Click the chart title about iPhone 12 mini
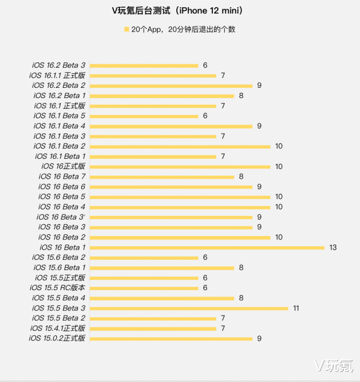pyautogui.click(x=177, y=11)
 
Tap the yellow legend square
pyautogui.click(x=126, y=29)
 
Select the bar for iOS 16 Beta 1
pyautogui.click(x=207, y=248)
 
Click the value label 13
pyautogui.click(x=333, y=247)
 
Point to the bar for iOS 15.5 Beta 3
pyautogui.click(x=189, y=309)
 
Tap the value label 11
pyautogui.click(x=296, y=308)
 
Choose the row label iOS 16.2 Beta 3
pyautogui.click(x=59, y=65)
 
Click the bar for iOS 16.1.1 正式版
pyautogui.click(x=153, y=75)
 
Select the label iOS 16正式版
pyautogui.click(x=63, y=166)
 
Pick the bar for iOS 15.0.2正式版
pyautogui.click(x=171, y=339)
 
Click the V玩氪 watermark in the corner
pyautogui.click(x=334, y=366)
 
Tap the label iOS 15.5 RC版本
pyautogui.click(x=57, y=288)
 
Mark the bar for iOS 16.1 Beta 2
pyautogui.click(x=180, y=146)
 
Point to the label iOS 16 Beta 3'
pyautogui.click(x=61, y=217)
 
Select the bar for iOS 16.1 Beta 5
pyautogui.click(x=144, y=116)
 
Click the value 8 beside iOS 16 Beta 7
pyautogui.click(x=241, y=176)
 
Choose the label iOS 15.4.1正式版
pyautogui.click(x=57, y=328)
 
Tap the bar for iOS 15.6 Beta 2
pyautogui.click(x=144, y=258)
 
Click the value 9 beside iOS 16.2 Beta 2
pyautogui.click(x=259, y=86)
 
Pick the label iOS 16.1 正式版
pyautogui.click(x=60, y=106)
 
